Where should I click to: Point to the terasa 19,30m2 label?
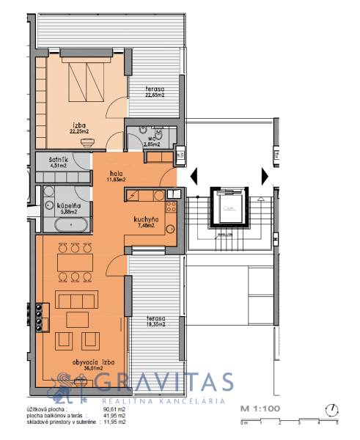tap(155, 322)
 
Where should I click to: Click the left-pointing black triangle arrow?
tap(194, 176)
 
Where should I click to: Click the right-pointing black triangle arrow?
tap(263, 176)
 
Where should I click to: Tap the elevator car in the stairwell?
tap(229, 208)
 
